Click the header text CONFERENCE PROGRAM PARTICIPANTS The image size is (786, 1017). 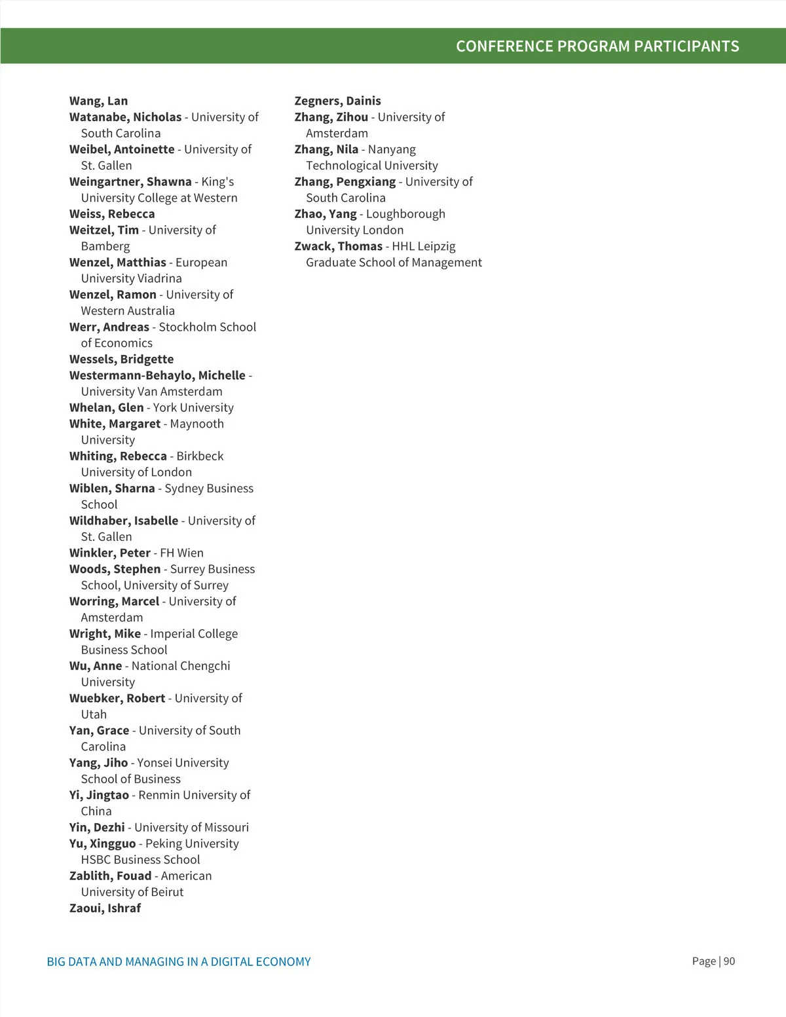coord(597,46)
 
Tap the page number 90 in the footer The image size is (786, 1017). coord(729,961)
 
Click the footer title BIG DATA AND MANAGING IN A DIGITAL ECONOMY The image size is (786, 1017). coord(179,962)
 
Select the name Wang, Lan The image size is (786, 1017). coord(99,101)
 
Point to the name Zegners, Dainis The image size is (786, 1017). coord(337,101)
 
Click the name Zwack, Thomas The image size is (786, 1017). coord(338,246)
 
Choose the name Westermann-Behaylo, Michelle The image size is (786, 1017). coord(157,375)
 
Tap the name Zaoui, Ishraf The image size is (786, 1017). coord(105,908)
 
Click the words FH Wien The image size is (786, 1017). coord(181,553)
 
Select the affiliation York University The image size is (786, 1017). coord(193,407)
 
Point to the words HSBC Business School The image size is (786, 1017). coord(140,860)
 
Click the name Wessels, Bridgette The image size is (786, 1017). coord(121,359)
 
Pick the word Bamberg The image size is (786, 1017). coord(105,246)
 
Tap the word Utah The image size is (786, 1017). coord(94,714)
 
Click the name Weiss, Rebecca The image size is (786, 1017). coord(112,214)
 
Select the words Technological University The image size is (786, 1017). coord(371,166)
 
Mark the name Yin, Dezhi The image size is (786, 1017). coord(97,827)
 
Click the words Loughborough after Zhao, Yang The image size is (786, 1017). coord(405,214)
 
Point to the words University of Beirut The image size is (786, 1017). coord(132,892)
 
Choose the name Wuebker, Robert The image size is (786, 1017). coord(117,698)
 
